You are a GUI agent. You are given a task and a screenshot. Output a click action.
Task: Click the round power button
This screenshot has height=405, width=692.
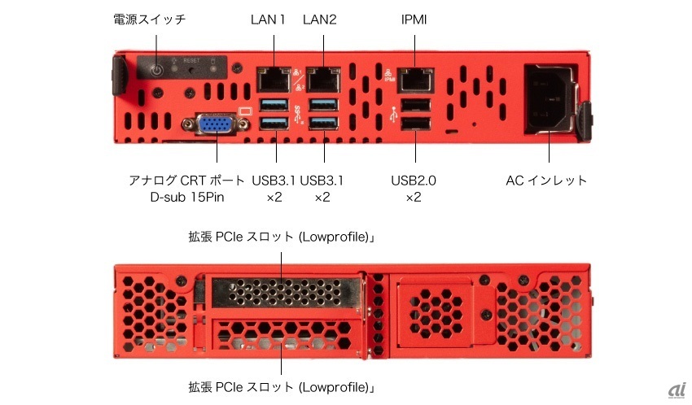coord(156,70)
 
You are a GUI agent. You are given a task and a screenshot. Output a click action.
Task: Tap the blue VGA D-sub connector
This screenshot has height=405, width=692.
coord(216,124)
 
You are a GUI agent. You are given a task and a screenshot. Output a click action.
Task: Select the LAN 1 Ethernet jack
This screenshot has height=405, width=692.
coord(274,80)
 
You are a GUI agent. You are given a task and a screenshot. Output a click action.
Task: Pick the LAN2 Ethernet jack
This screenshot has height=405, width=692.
coord(323,80)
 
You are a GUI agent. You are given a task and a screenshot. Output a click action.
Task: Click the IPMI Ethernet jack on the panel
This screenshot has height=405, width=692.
coord(415,81)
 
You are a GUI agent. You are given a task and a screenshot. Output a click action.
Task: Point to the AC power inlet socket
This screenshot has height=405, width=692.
coord(549,99)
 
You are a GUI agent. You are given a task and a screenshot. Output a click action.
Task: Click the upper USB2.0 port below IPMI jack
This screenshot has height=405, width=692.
coord(415,107)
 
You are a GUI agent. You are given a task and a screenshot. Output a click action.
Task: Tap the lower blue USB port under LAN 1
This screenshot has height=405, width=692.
coord(274,124)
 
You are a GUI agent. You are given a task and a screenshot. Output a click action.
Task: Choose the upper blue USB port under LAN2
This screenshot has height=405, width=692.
coord(323,106)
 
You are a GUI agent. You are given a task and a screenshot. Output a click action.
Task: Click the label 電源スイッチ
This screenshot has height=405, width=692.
coord(150,20)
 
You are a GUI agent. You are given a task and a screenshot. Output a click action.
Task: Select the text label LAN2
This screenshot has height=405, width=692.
coord(319,20)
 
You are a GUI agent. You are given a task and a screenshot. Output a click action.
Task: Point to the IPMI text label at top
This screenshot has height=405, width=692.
coord(414,20)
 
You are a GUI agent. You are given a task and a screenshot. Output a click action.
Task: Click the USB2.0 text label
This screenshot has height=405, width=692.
coord(414,181)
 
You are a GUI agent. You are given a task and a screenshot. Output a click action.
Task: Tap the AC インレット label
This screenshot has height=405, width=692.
coord(546,181)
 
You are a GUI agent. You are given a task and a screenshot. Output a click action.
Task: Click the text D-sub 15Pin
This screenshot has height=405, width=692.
coord(187,197)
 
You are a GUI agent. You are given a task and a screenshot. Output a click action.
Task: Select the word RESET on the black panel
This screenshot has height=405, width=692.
coord(191,60)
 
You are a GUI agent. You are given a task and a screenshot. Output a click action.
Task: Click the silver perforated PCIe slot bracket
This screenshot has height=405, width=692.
coord(287,292)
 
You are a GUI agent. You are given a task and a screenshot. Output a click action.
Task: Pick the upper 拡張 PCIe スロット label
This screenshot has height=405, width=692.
coord(282,237)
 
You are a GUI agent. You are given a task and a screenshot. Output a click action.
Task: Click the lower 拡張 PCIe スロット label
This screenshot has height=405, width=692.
coord(282,387)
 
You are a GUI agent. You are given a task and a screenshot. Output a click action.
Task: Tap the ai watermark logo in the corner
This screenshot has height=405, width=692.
coord(677,390)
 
